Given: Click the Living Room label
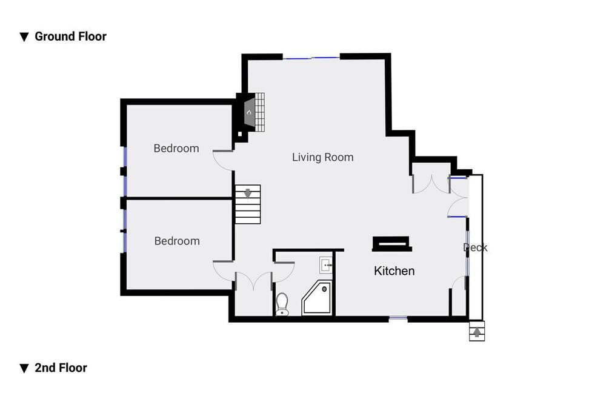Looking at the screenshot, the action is (x=323, y=157).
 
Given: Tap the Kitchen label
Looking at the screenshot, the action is (x=395, y=271).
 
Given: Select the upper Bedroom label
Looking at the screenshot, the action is (x=176, y=148).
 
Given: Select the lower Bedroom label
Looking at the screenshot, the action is (x=177, y=241).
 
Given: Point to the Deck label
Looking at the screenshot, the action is (x=475, y=247).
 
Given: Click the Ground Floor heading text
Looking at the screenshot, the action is (x=70, y=36).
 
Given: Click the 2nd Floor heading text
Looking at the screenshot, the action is (x=61, y=368).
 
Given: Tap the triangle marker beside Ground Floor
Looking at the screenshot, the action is (x=24, y=37).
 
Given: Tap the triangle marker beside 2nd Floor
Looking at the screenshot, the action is (x=24, y=368).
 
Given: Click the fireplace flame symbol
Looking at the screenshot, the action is (x=249, y=112).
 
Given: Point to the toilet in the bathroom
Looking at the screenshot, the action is (x=282, y=304).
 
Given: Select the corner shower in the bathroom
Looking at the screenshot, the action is (x=317, y=297).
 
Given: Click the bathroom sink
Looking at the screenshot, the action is (x=326, y=265).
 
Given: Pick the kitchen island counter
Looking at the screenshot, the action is (x=391, y=244).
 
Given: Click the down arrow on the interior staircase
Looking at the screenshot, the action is (x=248, y=193).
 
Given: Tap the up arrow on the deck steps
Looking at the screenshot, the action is (x=477, y=332).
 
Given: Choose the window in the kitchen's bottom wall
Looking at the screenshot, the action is (x=398, y=318).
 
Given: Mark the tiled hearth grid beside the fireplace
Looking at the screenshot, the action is (x=260, y=112).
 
